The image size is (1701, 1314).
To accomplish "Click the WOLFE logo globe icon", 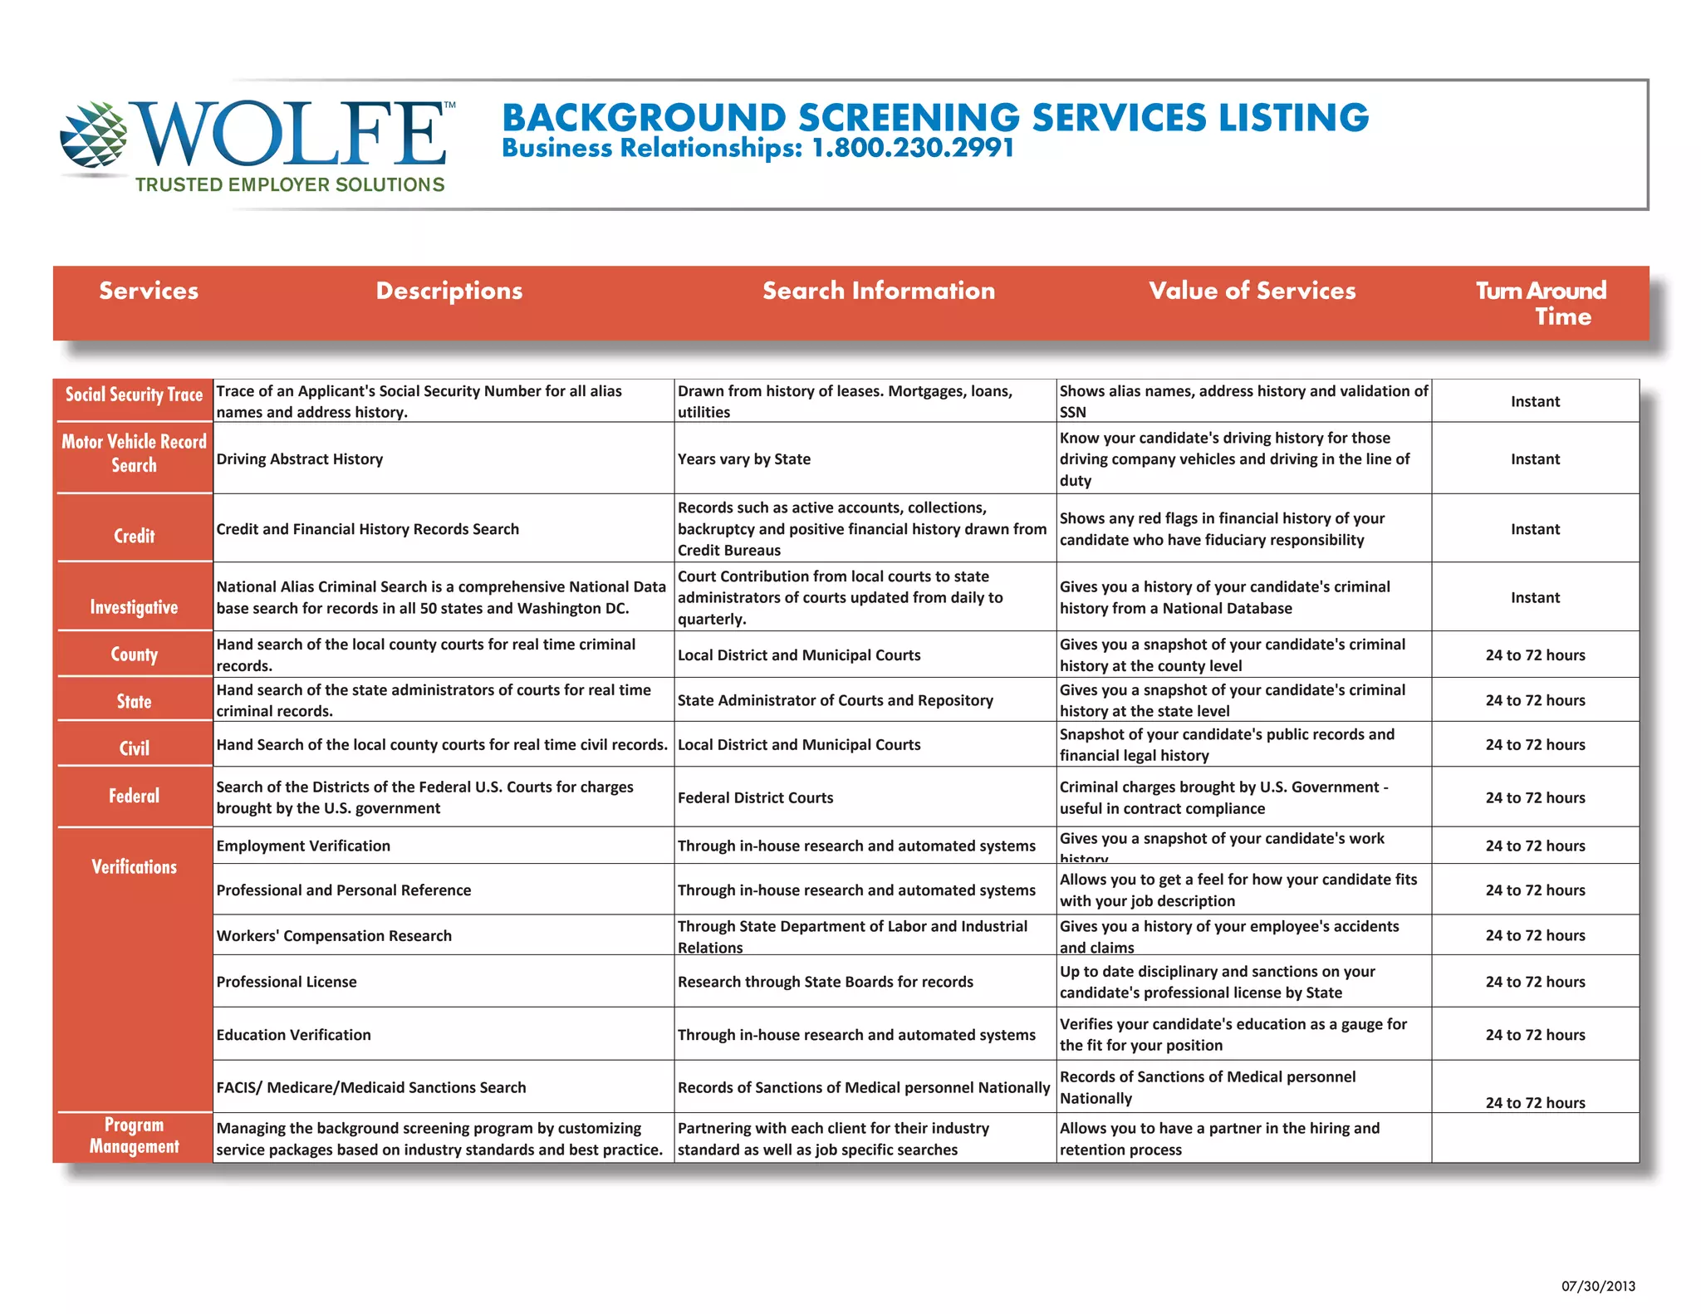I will coord(94,134).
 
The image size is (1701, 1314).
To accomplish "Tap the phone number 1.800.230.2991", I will coord(913,149).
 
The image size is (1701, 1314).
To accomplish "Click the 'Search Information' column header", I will coord(879,291).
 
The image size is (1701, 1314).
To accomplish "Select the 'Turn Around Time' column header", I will coord(1541,302).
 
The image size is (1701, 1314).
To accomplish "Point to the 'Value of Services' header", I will coord(1252,291).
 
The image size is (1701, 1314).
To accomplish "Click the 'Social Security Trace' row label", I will coord(134,395).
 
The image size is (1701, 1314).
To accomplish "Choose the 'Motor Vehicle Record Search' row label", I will coord(134,454).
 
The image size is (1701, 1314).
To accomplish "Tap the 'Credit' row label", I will coord(134,536).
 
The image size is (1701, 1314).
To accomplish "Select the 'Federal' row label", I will coord(134,796).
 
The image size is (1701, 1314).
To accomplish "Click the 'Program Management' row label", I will coord(134,1135).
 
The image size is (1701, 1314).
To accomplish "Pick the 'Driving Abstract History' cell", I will coord(300,459).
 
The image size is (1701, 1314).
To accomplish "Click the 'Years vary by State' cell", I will coord(744,459).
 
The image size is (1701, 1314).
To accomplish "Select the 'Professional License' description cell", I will coord(287,982).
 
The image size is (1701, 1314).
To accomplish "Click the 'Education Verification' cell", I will coord(294,1035).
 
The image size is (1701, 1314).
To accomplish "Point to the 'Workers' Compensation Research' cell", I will coord(334,936).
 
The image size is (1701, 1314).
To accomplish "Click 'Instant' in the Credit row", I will coord(1535,529).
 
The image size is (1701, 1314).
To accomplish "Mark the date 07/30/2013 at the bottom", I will coord(1598,1287).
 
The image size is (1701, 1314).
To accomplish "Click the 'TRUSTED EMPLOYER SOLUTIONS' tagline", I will coord(290,185).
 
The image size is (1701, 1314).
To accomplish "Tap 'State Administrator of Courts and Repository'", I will coord(836,700).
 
